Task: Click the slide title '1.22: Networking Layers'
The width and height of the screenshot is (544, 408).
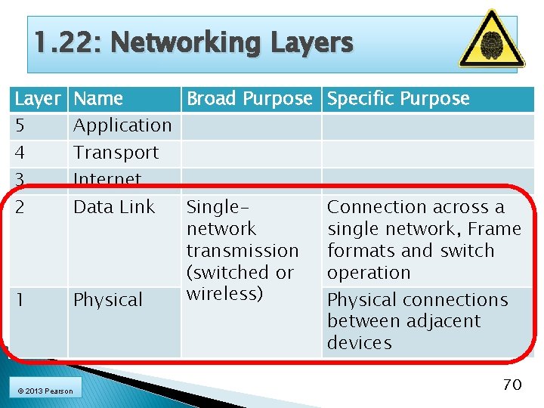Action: (193, 43)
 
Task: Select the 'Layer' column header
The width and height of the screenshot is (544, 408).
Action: (37, 99)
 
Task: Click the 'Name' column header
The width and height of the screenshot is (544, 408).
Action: (99, 99)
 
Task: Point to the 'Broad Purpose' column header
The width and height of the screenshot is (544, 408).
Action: (249, 99)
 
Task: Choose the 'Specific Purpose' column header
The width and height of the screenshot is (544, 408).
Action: (398, 99)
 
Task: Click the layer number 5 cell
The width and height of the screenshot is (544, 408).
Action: (20, 125)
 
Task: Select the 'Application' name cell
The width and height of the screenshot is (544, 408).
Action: (122, 125)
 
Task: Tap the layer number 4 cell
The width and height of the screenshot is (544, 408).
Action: (20, 153)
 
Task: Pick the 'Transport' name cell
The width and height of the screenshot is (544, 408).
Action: (116, 153)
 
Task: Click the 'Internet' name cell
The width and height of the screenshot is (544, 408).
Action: (107, 179)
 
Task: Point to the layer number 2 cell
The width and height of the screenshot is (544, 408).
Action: (20, 207)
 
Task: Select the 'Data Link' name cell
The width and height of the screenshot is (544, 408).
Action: (114, 207)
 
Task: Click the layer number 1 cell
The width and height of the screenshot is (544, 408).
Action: (20, 300)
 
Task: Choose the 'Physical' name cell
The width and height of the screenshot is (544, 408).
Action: (108, 300)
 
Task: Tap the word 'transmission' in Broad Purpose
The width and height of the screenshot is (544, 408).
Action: (243, 251)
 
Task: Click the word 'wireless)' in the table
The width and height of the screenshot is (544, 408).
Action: (224, 293)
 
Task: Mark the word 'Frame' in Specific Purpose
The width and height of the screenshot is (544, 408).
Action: (494, 229)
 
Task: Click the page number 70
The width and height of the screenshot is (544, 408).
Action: (512, 385)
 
